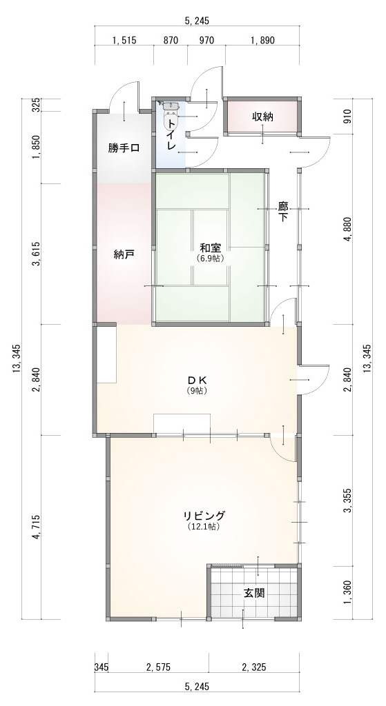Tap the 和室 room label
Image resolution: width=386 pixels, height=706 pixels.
coord(210,248)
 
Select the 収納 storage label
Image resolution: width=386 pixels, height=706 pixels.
coord(262,117)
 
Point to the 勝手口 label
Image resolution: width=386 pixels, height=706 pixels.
coord(124,148)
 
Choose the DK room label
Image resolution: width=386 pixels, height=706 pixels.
coord(197,381)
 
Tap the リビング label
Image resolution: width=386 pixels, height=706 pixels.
coord(204,516)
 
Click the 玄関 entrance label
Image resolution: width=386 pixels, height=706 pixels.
coord(254,593)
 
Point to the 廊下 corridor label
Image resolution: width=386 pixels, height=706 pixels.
coord(283,212)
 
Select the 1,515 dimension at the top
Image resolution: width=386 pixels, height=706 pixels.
coord(124,41)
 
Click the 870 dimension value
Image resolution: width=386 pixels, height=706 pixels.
coord(171,41)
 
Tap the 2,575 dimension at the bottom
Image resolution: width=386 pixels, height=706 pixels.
coord(158,667)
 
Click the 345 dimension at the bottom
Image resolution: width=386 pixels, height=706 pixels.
coord(102,667)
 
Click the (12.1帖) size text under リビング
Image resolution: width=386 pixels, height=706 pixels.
coord(204,526)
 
